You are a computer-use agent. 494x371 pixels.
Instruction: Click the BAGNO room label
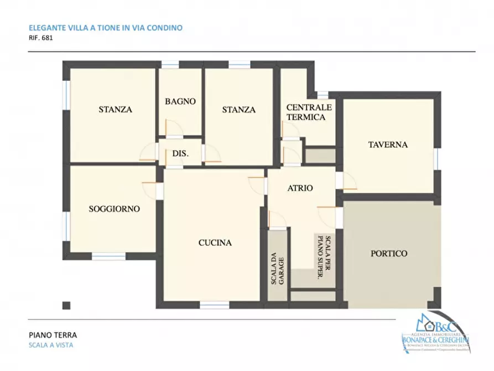click(180, 101)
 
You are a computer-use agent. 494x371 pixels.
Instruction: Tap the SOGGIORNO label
click(115, 209)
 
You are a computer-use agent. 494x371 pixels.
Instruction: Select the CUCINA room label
click(215, 243)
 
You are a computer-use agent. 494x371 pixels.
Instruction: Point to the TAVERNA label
click(388, 145)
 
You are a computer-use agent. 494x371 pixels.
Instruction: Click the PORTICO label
click(388, 254)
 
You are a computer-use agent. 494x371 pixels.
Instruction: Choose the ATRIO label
click(300, 188)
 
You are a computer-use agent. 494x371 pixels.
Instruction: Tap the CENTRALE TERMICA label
click(309, 112)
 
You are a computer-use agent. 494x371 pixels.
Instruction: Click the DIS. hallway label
click(180, 153)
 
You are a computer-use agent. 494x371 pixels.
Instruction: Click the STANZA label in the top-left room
click(115, 110)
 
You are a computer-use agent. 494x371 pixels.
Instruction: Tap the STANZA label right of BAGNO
click(239, 110)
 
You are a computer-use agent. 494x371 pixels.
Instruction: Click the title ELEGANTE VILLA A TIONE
click(105, 27)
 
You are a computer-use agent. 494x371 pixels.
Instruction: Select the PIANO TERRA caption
click(53, 335)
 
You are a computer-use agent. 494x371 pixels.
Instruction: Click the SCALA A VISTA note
click(51, 345)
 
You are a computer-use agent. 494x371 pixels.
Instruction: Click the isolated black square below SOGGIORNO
click(67, 305)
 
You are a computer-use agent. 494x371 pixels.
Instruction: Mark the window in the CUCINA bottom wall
click(215, 305)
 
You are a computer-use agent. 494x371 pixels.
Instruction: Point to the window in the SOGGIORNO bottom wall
click(108, 256)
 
